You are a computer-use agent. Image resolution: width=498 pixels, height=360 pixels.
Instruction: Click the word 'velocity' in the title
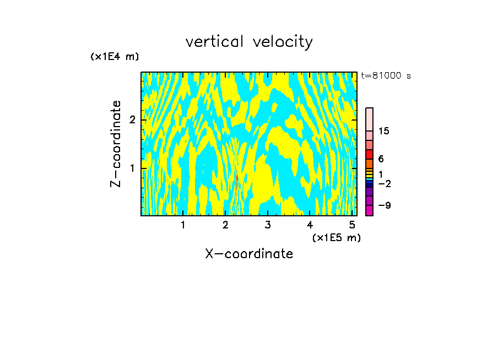284,42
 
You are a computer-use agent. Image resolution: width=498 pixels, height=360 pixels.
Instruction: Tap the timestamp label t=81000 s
386,76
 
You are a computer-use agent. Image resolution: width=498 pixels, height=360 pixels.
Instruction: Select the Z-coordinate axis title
116,144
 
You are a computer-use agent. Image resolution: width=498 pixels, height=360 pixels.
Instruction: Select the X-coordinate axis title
249,254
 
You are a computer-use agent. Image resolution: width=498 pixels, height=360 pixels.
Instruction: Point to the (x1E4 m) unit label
115,56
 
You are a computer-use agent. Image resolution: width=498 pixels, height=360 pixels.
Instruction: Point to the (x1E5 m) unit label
336,237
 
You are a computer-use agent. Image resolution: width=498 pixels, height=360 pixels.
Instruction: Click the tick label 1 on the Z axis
132,167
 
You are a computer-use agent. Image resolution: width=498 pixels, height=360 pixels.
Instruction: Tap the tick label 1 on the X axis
183,225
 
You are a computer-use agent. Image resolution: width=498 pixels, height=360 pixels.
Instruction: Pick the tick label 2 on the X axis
225,225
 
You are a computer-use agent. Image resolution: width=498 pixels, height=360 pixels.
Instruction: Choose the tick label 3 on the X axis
267,225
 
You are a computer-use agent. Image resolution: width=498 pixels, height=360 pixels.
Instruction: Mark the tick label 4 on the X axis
310,225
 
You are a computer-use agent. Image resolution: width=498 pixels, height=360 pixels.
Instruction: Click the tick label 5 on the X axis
352,225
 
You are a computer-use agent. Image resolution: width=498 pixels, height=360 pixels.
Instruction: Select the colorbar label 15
384,131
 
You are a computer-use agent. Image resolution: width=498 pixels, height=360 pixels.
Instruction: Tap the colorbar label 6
381,159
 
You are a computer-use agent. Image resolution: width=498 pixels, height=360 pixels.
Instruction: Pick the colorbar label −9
384,205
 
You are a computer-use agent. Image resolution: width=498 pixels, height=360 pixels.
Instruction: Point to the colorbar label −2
384,183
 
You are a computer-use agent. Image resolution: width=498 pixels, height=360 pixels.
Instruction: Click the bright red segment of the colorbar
369,154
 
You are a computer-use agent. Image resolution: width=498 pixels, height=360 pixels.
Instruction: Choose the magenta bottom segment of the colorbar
369,210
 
